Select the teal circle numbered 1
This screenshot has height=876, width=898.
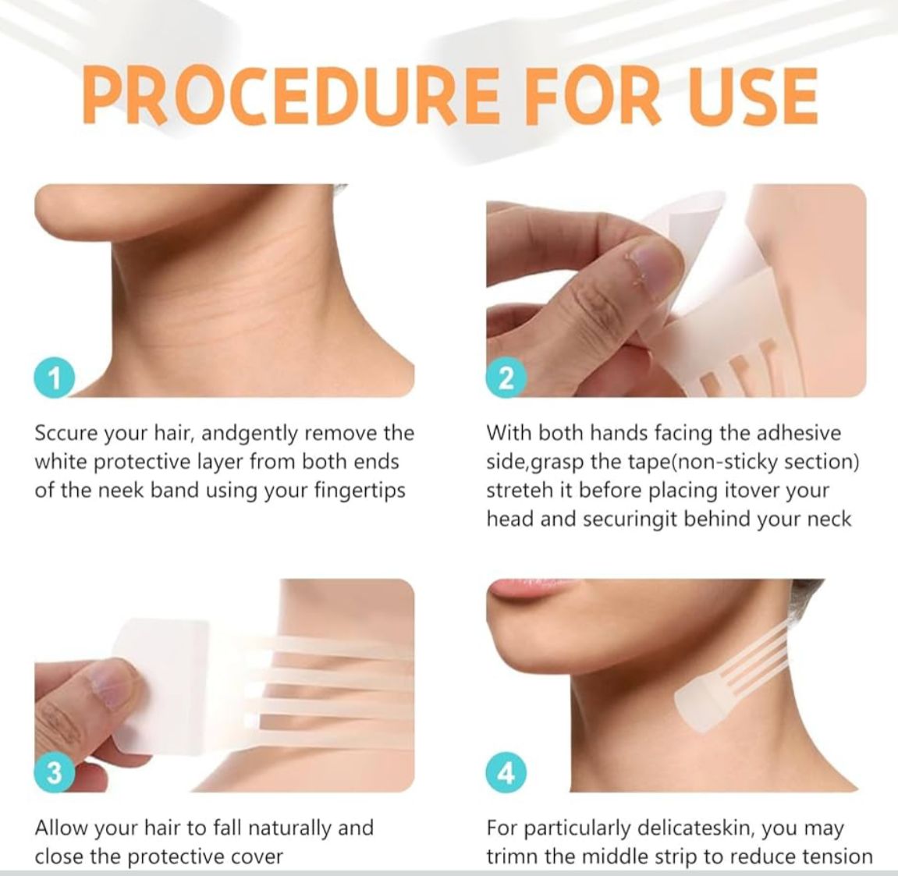pyautogui.click(x=55, y=378)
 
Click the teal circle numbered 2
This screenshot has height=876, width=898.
pyautogui.click(x=506, y=378)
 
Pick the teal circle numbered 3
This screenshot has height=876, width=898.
pyautogui.click(x=55, y=773)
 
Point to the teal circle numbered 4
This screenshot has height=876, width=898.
pyautogui.click(x=506, y=773)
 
